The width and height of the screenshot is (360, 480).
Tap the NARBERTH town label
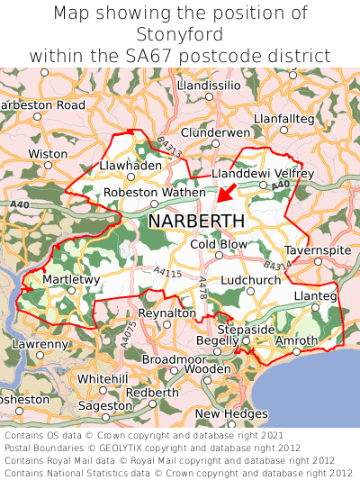pyautogui.click(x=195, y=221)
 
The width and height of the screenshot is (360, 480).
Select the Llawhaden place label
pyautogui.click(x=130, y=166)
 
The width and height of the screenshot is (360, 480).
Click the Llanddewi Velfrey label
pyautogui.click(x=262, y=173)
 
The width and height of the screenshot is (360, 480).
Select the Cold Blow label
pyautogui.click(x=219, y=244)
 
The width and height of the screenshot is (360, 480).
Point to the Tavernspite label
pyautogui.click(x=316, y=249)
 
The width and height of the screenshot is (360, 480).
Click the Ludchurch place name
pyautogui.click(x=251, y=280)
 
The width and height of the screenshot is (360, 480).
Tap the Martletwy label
pyautogui.click(x=71, y=280)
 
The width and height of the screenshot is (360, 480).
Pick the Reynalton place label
pyautogui.click(x=166, y=312)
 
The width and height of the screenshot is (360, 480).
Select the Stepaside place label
pyautogui.click(x=246, y=330)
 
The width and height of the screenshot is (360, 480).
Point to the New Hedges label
pyautogui.click(x=231, y=413)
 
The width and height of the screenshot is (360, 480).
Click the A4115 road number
pyautogui.click(x=167, y=273)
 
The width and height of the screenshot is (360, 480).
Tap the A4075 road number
pyautogui.click(x=130, y=331)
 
